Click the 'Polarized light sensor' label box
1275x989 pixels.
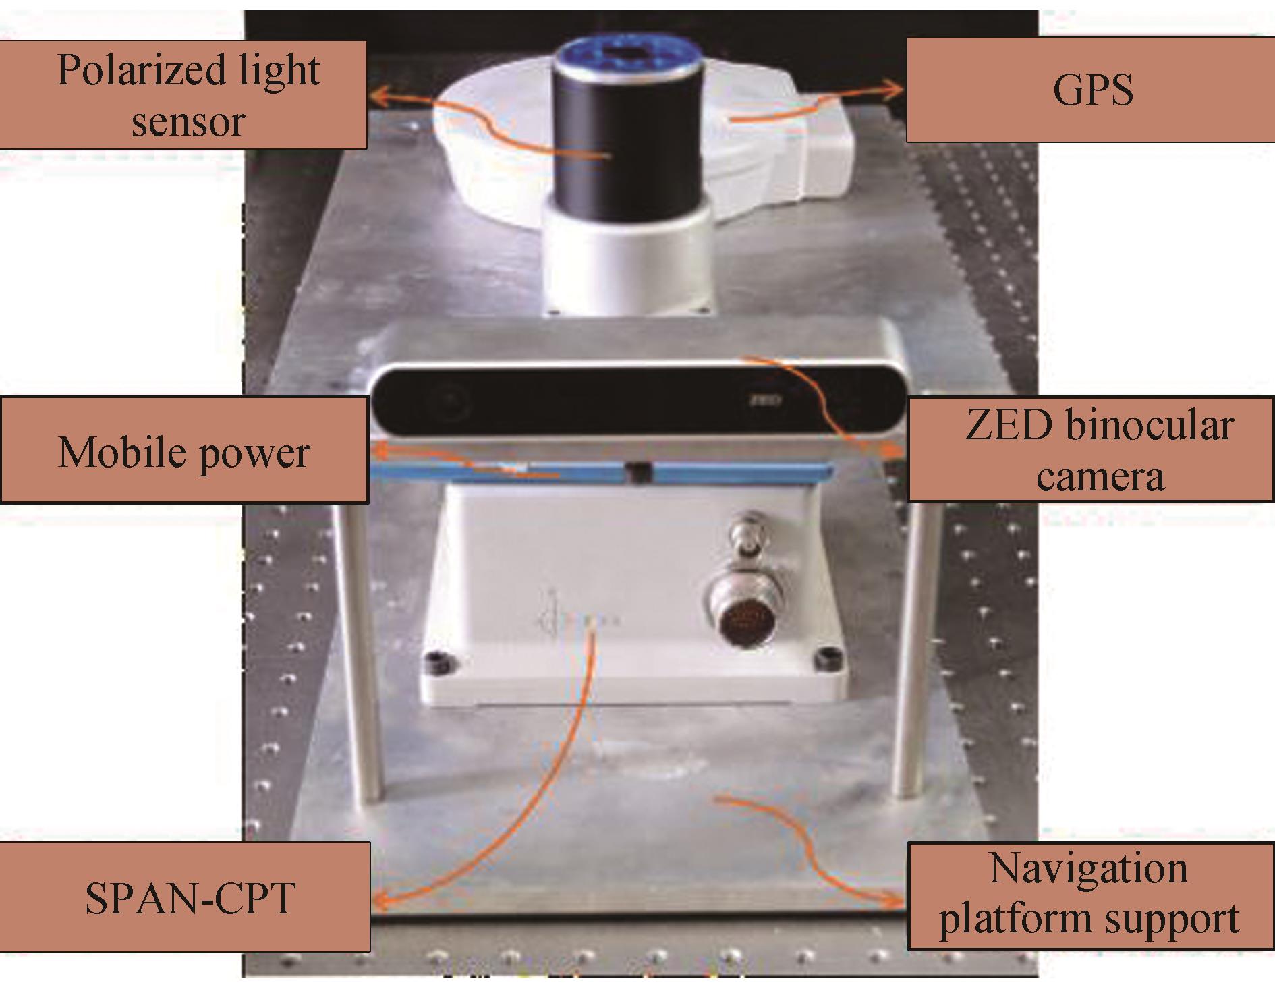[183, 94]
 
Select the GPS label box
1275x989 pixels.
[1090, 90]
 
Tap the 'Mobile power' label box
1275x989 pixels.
[184, 451]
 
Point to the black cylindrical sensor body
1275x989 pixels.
[624, 135]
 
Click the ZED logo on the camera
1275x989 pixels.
[765, 400]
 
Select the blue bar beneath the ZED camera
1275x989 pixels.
[600, 472]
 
